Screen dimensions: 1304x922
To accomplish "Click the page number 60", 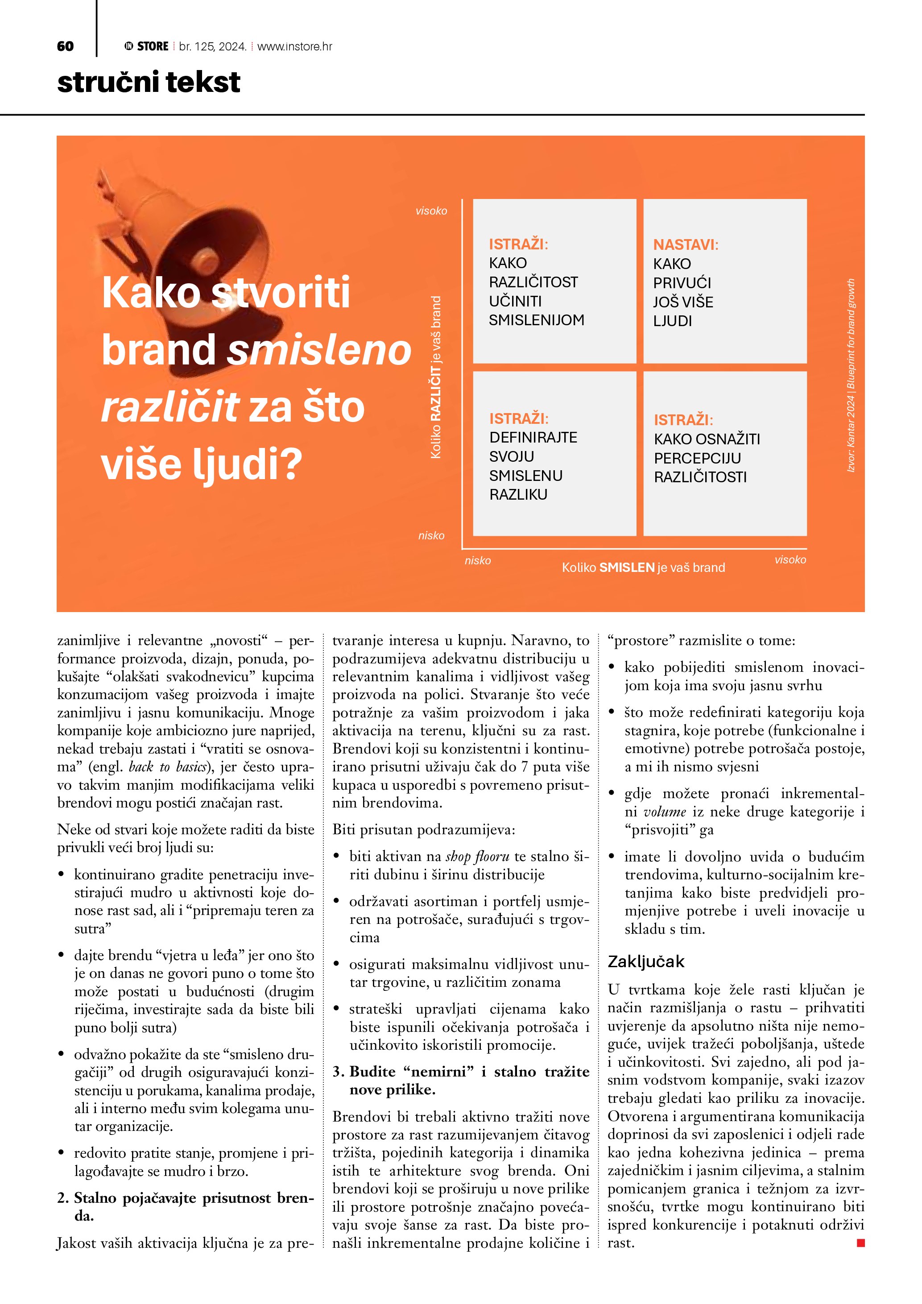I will point(65,46).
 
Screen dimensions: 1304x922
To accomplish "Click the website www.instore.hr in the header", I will point(295,46).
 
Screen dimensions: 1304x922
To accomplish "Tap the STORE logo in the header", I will point(147,46).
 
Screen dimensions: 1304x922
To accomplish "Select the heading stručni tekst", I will point(149,83).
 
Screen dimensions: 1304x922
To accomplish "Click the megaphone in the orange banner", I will point(187,256).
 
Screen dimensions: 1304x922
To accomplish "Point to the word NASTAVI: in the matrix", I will point(685,245).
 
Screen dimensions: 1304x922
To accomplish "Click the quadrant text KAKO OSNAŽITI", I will point(706,439).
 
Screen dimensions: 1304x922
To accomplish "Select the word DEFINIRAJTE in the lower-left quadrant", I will point(533,437).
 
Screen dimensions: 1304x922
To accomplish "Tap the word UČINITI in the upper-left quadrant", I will point(515,301).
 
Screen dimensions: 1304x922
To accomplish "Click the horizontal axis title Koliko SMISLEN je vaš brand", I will point(643,567).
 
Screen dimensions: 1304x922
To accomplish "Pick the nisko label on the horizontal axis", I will point(477,561).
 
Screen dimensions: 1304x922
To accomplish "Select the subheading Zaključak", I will point(645,961).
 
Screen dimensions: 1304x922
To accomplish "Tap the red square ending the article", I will point(860,1243).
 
